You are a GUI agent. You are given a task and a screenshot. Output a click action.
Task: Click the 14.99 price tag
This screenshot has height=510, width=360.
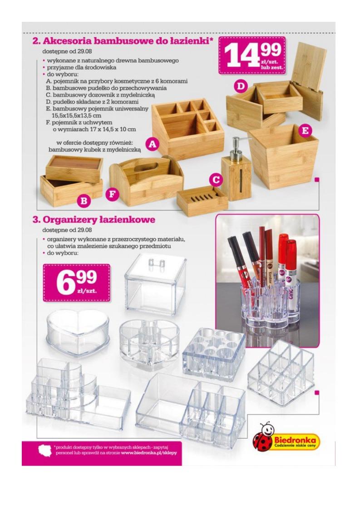click(x=252, y=55)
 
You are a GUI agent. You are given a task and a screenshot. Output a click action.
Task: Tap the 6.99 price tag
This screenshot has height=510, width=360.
click(x=76, y=282)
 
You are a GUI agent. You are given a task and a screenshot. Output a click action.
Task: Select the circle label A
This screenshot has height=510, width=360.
click(x=152, y=144)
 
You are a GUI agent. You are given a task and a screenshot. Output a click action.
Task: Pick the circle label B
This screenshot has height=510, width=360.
click(x=84, y=201)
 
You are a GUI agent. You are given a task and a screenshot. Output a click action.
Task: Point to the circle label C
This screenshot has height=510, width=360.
click(x=216, y=179)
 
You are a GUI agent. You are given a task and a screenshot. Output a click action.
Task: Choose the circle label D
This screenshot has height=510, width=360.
click(x=241, y=86)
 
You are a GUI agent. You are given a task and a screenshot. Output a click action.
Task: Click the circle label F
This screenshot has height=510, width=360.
click(x=112, y=194)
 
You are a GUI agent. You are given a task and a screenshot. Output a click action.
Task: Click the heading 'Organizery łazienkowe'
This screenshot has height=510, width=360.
click(x=94, y=219)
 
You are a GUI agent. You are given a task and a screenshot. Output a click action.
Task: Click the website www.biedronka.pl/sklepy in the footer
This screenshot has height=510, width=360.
click(x=149, y=452)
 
